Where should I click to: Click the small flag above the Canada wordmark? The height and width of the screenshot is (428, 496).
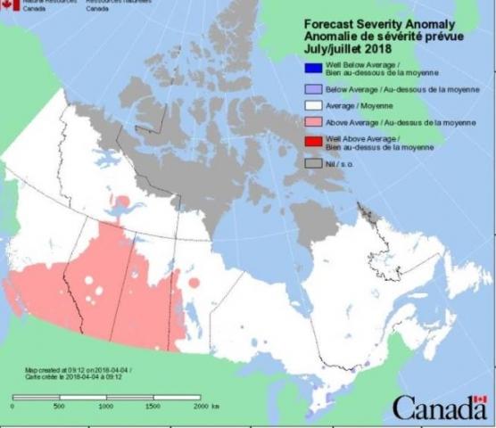point(479,398)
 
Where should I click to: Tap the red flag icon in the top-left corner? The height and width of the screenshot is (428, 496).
point(9,4)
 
